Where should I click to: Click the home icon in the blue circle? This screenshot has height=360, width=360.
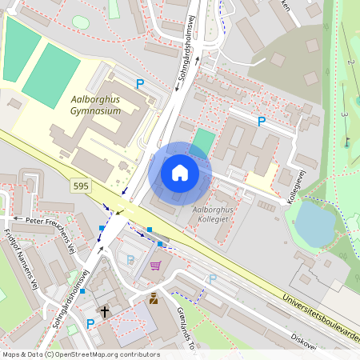coord(180,173)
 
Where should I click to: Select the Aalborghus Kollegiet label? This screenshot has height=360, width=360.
coord(218,214)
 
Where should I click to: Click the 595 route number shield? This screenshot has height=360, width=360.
coord(81,186)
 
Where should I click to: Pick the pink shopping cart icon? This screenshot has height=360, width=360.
coord(155,266)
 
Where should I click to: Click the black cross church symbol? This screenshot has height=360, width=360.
coord(105,310)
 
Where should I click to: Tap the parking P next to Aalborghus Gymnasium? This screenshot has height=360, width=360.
coord(140,83)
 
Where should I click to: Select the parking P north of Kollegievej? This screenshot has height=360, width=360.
coord(260,122)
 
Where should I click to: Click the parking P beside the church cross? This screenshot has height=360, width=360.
coord(90,324)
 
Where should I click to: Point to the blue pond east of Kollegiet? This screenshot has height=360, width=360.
coord(315,223)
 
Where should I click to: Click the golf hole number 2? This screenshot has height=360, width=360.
coord(350,62)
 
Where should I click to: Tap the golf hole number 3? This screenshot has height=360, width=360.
coord(344,114)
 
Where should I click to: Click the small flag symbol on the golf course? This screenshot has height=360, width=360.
coord(348,142)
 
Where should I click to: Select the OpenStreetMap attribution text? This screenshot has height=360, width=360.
coord(80,354)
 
